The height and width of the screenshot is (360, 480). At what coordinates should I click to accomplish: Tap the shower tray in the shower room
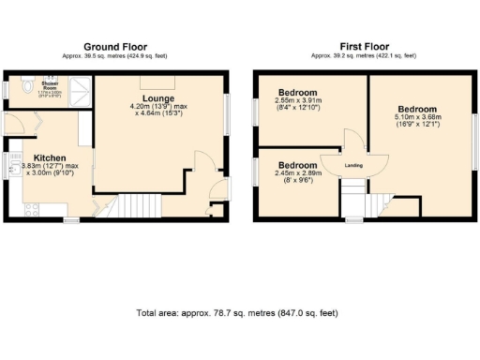point(82,88)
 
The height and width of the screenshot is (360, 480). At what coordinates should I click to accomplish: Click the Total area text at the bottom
point(237,312)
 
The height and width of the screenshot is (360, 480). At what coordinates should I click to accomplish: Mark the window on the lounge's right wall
point(227,110)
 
